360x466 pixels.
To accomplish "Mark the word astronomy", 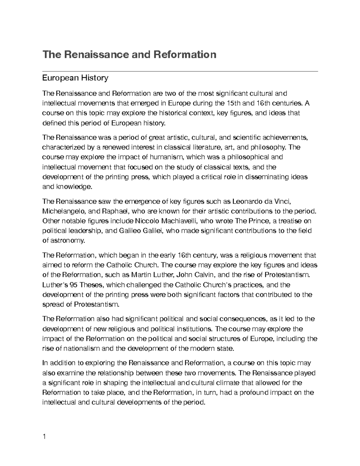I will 68,241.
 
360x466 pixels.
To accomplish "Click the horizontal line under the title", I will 180,71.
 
